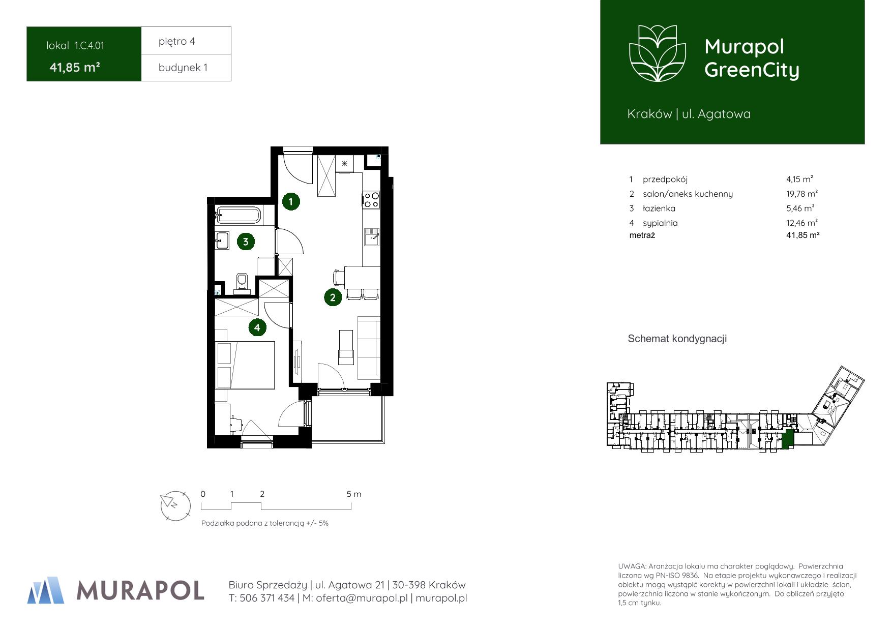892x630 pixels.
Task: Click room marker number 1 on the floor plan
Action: [290, 201]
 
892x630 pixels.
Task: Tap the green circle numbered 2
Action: [333, 297]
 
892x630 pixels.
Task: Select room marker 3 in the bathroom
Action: [246, 242]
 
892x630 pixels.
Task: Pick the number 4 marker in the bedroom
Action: [257, 327]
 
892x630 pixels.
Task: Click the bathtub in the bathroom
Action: [239, 215]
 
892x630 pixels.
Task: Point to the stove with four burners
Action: [371, 199]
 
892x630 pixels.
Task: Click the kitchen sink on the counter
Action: [371, 237]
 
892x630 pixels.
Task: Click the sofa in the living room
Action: [369, 347]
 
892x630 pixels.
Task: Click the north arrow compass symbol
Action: [175, 505]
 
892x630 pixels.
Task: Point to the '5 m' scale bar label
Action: [354, 494]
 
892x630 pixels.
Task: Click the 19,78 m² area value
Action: [802, 194]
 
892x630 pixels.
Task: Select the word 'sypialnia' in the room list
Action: [660, 223]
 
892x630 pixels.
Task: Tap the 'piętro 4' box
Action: [186, 41]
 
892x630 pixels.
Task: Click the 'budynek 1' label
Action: [183, 68]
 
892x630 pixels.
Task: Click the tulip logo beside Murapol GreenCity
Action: [658, 53]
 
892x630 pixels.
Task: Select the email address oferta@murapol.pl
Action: [362, 598]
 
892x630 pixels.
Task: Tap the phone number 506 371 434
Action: [267, 598]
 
